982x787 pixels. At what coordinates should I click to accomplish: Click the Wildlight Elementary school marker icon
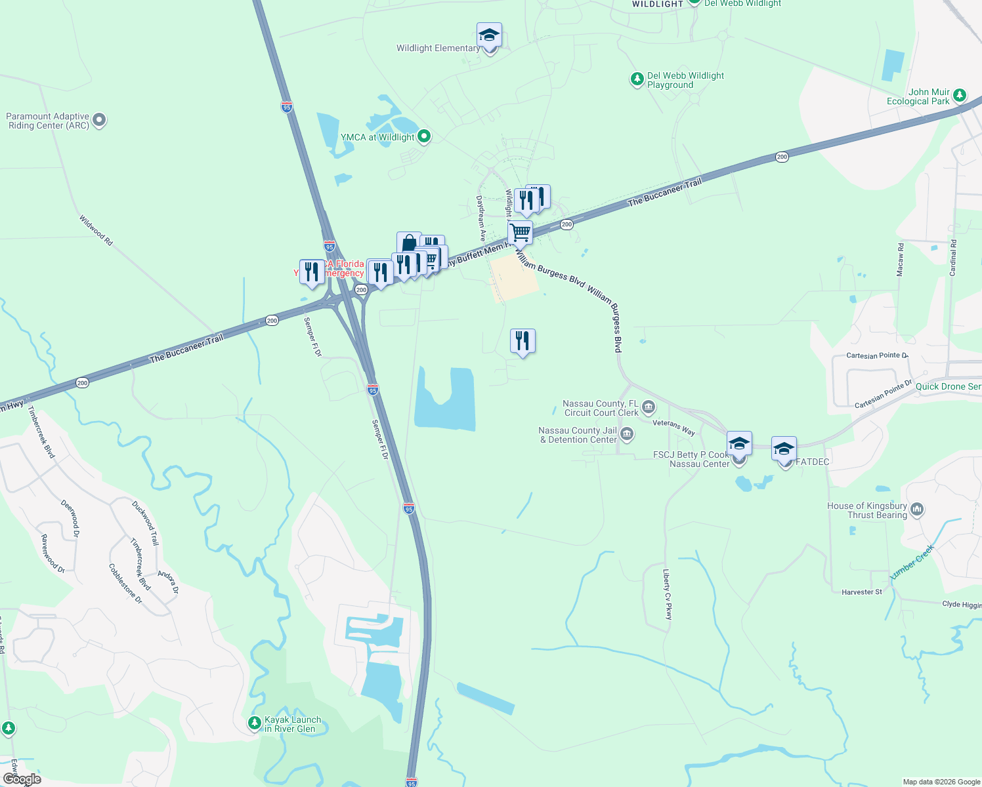point(489,35)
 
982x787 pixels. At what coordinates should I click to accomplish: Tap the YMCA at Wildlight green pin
point(424,136)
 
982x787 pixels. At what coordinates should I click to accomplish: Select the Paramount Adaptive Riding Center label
point(48,121)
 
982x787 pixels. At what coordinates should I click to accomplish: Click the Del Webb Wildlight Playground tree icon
point(637,79)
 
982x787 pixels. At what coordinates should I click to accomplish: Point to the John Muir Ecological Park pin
point(960,96)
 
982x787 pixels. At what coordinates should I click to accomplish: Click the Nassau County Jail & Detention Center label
point(578,435)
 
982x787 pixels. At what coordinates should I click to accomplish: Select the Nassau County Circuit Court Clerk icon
point(649,407)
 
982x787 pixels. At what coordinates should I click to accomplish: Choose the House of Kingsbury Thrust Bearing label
point(867,510)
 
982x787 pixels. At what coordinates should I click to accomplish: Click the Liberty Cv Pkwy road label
point(667,594)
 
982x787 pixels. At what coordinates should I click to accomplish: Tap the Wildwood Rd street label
point(96,230)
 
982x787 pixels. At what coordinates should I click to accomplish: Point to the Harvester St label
point(862,592)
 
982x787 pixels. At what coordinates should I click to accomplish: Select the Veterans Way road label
point(673,427)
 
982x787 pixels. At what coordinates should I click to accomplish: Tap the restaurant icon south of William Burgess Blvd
point(523,341)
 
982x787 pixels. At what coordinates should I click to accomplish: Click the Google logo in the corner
point(22,779)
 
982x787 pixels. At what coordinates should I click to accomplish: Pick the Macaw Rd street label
point(901,259)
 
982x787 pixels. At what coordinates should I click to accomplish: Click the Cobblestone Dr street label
point(125,584)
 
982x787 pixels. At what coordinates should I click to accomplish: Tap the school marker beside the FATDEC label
point(784,449)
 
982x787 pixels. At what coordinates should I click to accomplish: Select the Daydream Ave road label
point(481,218)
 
